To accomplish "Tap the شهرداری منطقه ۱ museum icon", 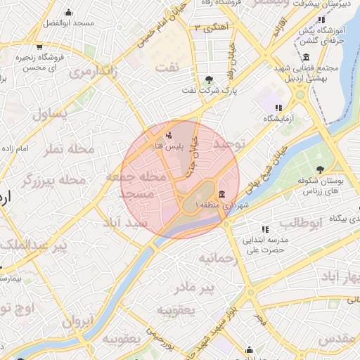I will [222, 194].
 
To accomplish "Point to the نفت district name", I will [186, 65].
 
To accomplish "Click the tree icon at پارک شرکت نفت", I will [209, 79].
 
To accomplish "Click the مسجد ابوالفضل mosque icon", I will [68, 13].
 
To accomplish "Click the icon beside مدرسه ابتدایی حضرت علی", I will [264, 229].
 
